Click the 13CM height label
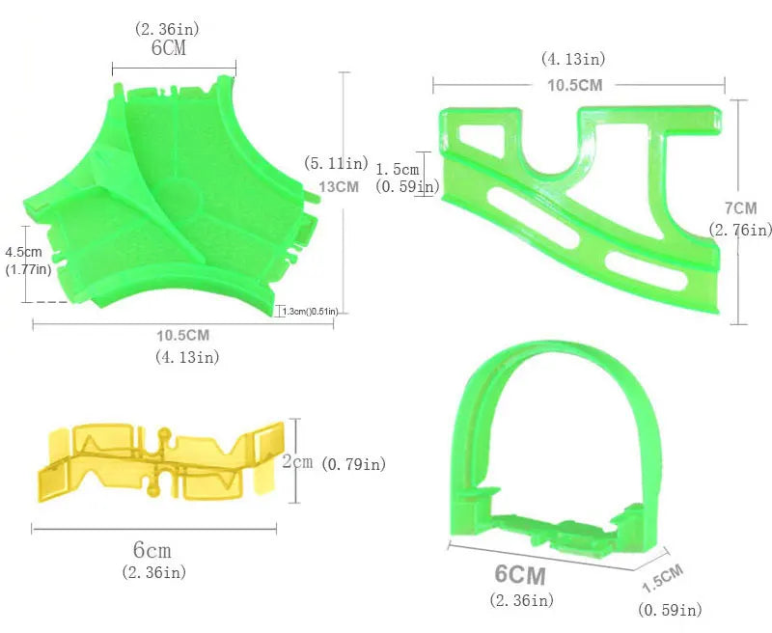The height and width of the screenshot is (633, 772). pyautogui.click(x=339, y=186)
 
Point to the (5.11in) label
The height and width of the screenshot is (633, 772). pyautogui.click(x=336, y=163)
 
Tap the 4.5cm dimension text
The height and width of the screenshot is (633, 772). pyautogui.click(x=23, y=252)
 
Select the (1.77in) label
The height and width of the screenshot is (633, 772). pyautogui.click(x=28, y=269)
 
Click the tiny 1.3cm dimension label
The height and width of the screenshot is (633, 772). pyautogui.click(x=310, y=311)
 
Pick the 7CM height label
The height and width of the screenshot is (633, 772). pyautogui.click(x=740, y=208)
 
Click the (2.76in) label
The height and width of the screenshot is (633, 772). pyautogui.click(x=740, y=230)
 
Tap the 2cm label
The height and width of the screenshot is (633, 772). pyautogui.click(x=297, y=461)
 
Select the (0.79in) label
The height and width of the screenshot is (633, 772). pyautogui.click(x=353, y=464)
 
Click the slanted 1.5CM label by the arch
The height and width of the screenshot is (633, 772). pyautogui.click(x=663, y=577)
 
